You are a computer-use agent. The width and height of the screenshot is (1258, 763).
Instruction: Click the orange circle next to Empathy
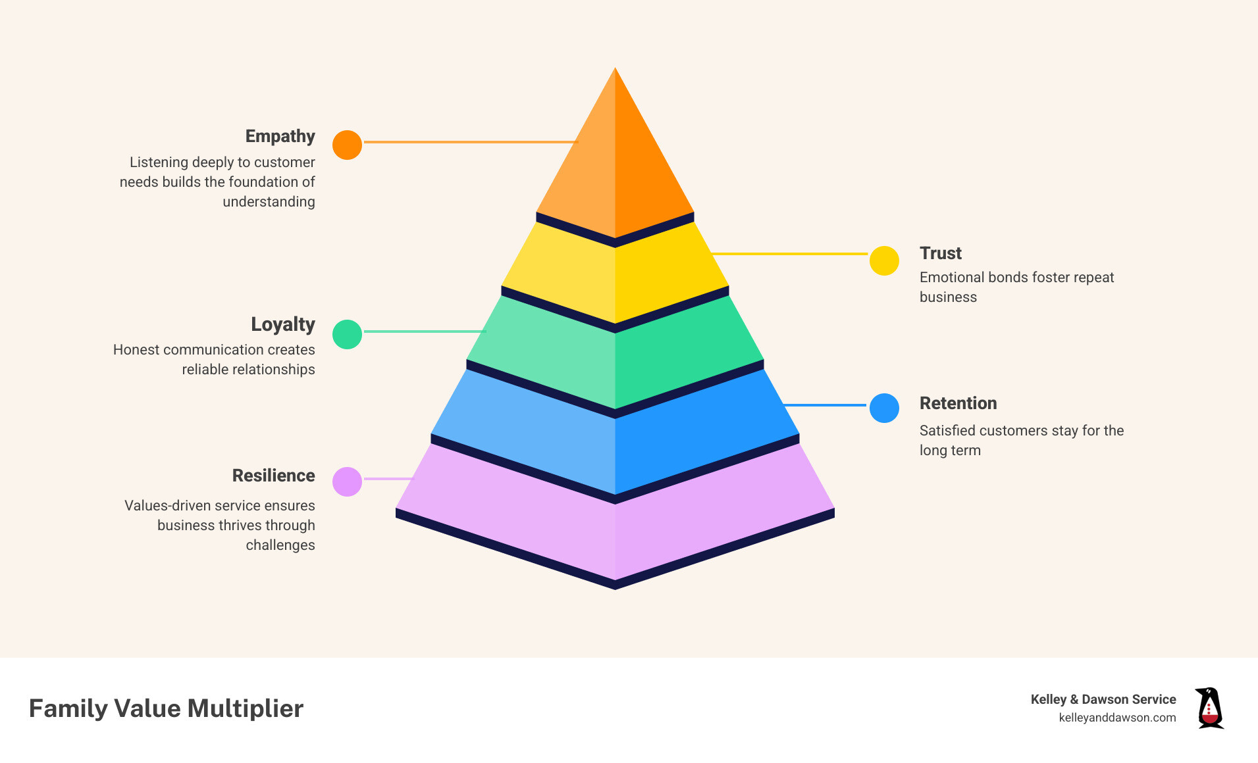[x=347, y=145]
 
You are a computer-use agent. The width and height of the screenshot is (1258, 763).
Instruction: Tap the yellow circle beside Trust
[x=884, y=261]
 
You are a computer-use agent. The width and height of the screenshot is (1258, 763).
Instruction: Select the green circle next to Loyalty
[x=347, y=334]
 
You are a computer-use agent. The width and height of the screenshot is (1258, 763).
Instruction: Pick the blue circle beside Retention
[x=884, y=408]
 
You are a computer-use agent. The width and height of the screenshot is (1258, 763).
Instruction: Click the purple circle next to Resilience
[x=347, y=481]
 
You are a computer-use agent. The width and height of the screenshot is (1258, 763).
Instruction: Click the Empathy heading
[x=280, y=136]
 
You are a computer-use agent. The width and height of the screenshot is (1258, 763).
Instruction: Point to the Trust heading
[x=940, y=253]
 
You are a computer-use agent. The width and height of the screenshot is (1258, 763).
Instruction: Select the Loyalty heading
[x=282, y=324]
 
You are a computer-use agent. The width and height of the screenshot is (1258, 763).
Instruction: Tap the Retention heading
[x=958, y=403]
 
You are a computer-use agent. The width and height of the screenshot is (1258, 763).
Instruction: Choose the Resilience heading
[x=273, y=476]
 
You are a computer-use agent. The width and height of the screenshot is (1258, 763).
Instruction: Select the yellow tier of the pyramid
[x=615, y=276]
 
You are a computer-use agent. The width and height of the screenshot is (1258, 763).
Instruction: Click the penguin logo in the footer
[x=1209, y=708]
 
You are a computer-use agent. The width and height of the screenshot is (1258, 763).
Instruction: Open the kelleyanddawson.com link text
[x=1117, y=718]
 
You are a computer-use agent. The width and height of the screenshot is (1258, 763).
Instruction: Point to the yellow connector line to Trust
[x=790, y=253]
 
